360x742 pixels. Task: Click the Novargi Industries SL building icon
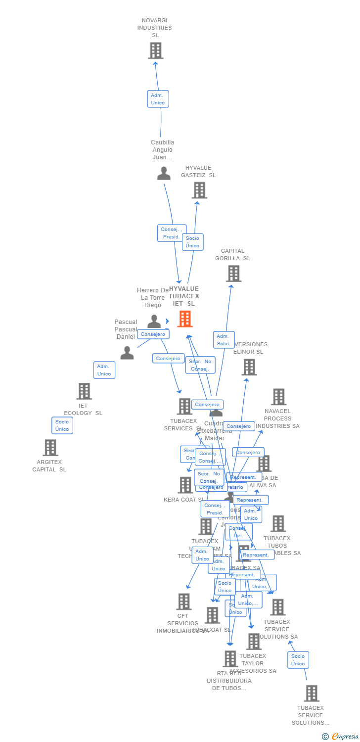click(155, 50)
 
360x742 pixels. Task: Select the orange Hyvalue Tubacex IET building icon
click(184, 319)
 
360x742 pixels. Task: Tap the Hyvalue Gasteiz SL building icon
click(199, 190)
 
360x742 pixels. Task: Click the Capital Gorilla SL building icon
click(233, 273)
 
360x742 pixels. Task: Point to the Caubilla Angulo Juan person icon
click(164, 174)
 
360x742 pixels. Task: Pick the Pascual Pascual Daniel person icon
click(127, 353)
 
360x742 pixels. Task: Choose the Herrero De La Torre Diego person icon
click(154, 322)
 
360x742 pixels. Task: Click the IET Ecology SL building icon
click(84, 391)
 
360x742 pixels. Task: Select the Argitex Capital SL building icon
click(50, 447)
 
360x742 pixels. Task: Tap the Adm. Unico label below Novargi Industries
click(158, 99)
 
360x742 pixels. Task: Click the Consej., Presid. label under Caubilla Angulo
click(172, 233)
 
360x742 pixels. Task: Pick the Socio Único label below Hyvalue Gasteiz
click(192, 242)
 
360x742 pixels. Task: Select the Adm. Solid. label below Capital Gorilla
click(224, 340)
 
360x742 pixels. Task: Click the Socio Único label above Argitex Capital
click(62, 425)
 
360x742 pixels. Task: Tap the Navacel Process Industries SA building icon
click(278, 396)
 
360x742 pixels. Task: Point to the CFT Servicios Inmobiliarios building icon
click(183, 602)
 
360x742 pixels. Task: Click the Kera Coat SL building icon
click(185, 485)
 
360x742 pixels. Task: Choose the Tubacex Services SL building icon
click(184, 406)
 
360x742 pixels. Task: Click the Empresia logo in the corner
click(342, 737)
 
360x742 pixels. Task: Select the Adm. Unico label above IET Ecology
click(104, 370)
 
